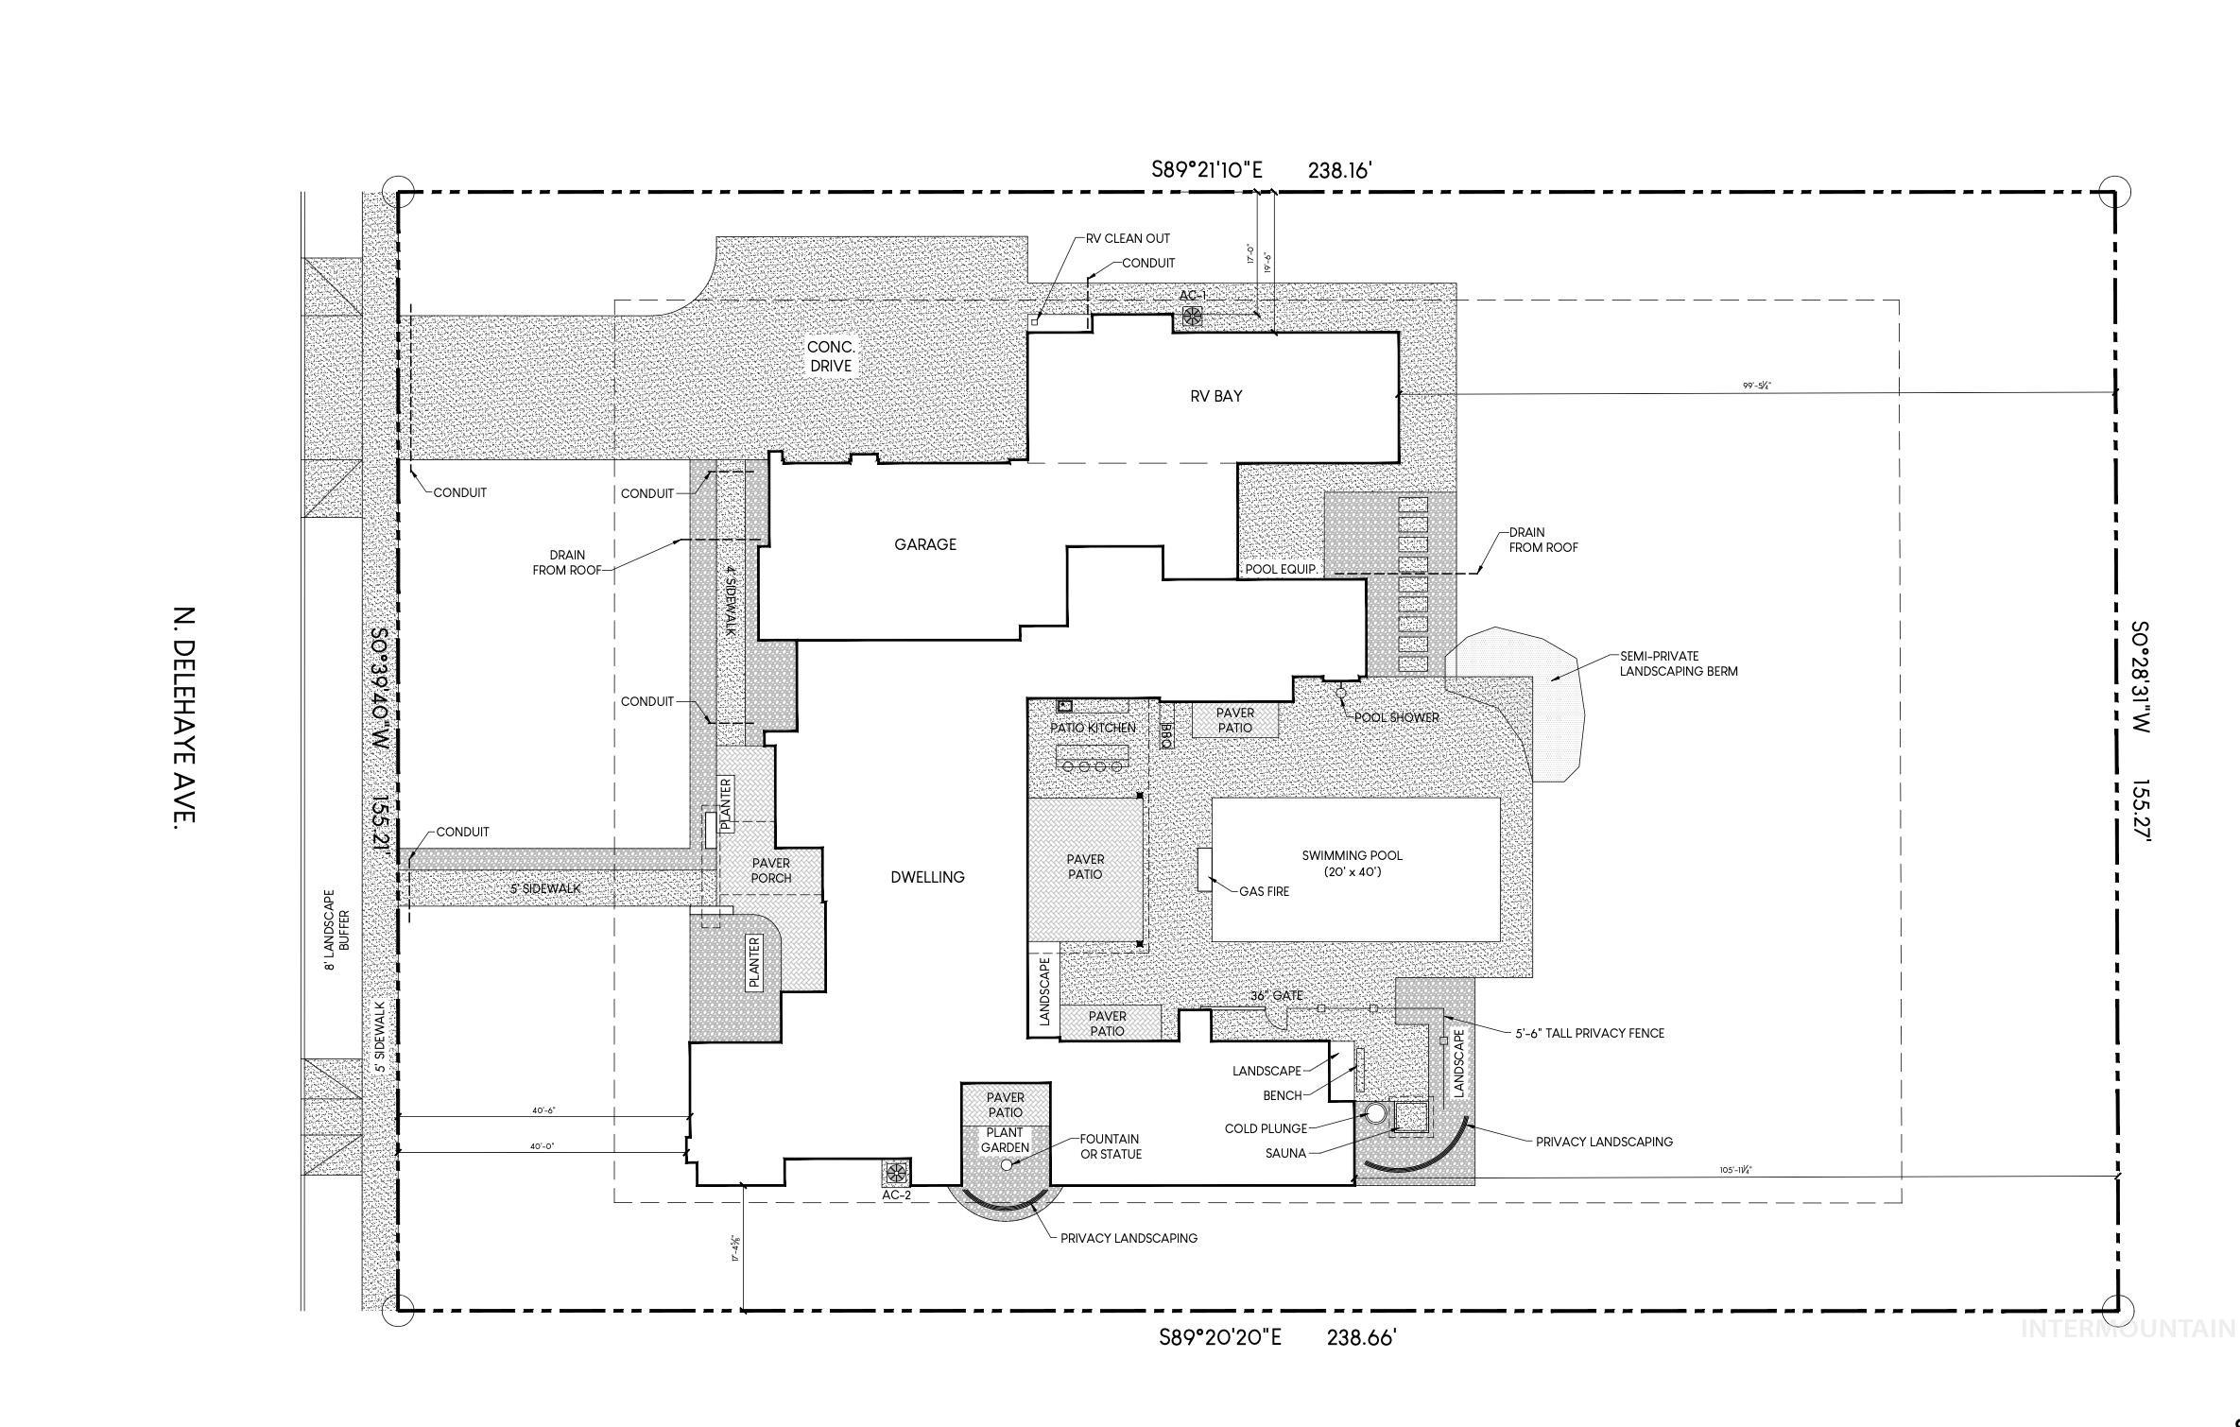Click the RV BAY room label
coord(1215,396)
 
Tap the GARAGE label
coord(925,544)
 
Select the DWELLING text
coord(927,877)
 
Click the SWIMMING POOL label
coord(1352,863)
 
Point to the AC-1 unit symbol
coord(1193,317)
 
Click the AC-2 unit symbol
coord(896,1174)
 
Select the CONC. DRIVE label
coord(830,357)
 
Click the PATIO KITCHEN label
coord(1093,728)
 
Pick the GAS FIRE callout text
coord(1264,891)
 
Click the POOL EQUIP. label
coord(1281,569)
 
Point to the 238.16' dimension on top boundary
coord(1339,170)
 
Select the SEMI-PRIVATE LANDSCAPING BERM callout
coord(1678,663)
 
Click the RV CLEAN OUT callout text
coord(1128,239)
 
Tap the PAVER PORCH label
coord(770,870)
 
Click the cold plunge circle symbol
coord(1376,1113)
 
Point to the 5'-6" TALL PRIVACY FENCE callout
coord(1590,1033)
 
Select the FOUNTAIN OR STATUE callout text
coord(1111,1146)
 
